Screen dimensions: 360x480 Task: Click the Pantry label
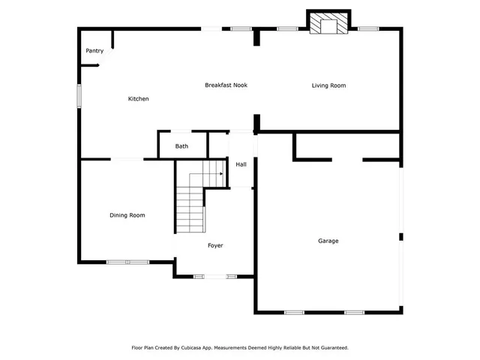[94, 51]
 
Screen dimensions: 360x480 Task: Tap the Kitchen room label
[138, 99]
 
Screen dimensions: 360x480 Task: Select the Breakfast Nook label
[226, 85]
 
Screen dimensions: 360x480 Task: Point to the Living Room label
[328, 85]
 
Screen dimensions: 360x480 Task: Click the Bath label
[181, 146]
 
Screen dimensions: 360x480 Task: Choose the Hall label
[241, 164]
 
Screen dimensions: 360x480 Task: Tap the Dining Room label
[127, 215]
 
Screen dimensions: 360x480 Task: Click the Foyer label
[215, 245]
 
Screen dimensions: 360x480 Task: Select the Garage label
[328, 241]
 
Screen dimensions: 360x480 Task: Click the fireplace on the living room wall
[329, 25]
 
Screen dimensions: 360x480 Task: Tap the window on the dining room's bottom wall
[127, 262]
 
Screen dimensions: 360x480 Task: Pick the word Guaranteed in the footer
[331, 348]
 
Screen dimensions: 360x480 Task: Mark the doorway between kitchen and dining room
[127, 159]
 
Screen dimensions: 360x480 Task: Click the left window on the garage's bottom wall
[294, 312]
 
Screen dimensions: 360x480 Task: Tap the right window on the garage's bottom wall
[354, 312]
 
